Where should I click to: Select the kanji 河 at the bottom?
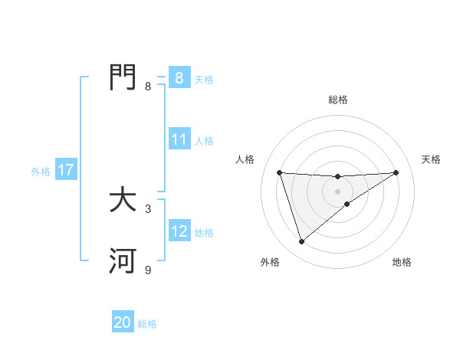click(x=123, y=261)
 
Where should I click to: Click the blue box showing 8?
click(x=179, y=77)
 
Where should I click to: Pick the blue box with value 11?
click(x=179, y=140)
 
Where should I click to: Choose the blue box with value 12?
click(x=179, y=231)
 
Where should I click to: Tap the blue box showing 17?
click(x=66, y=170)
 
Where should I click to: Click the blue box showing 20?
click(x=123, y=322)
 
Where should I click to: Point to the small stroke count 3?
click(x=148, y=208)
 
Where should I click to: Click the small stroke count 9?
click(x=148, y=270)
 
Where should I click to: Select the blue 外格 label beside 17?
click(x=41, y=172)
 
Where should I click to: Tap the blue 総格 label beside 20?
click(x=147, y=324)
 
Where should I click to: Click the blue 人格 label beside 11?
click(x=204, y=141)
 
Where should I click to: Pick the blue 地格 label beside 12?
click(x=204, y=233)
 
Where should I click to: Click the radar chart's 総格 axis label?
click(x=338, y=100)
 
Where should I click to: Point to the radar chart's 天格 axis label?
click(x=431, y=159)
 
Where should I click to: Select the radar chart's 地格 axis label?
click(x=402, y=262)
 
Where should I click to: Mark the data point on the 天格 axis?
click(x=396, y=172)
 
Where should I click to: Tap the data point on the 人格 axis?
click(x=279, y=172)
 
